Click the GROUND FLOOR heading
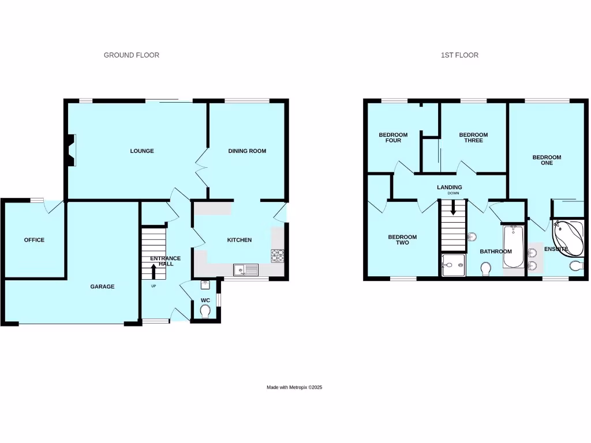tap(131, 55)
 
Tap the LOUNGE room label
tap(141, 151)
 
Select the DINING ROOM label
tap(247, 151)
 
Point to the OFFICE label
tap(34, 240)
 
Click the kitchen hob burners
tap(277, 254)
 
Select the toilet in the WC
tap(204, 310)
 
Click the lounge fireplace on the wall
tap(70, 150)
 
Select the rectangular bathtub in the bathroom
tap(513, 247)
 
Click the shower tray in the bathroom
tap(453, 265)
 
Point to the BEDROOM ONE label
tap(546, 160)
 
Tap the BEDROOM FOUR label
tap(393, 138)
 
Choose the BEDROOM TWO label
tap(402, 240)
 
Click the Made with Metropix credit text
tap(294, 388)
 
